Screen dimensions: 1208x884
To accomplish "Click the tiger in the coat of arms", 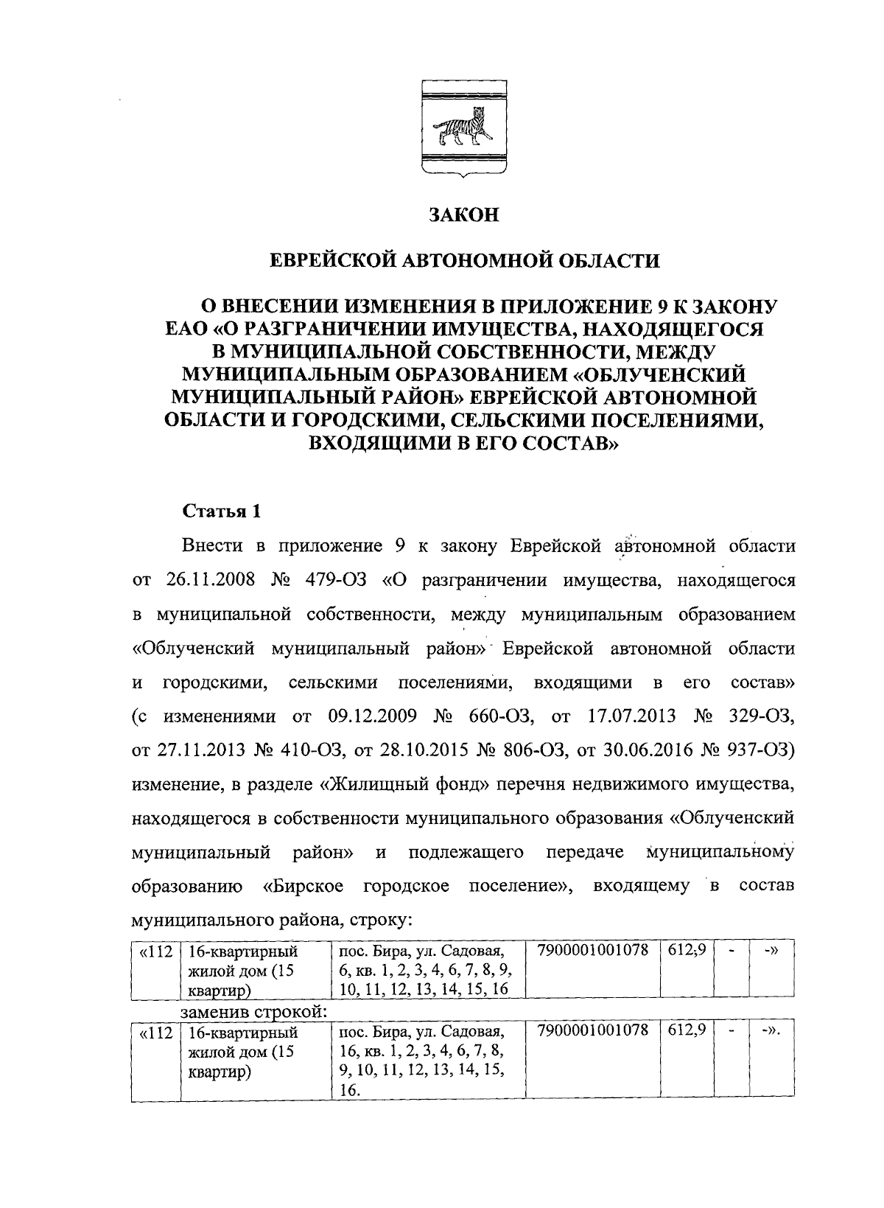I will click(463, 128).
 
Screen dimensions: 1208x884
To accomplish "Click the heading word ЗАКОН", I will click(464, 215).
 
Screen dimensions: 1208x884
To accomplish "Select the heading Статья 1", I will click(221, 512).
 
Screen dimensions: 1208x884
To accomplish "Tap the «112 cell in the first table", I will click(155, 952).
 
